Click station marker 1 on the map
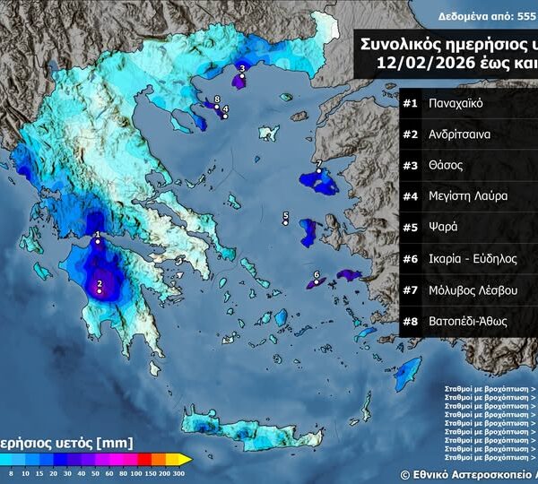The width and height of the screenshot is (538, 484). point(98,242)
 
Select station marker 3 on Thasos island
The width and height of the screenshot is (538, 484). point(241,76)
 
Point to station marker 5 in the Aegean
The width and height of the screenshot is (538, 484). point(285,223)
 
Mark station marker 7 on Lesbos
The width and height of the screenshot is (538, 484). point(318,170)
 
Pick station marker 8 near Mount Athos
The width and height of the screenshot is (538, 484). point(217,107)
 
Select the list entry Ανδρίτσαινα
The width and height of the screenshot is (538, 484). point(459,134)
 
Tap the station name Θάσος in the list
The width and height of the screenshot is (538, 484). point(446,165)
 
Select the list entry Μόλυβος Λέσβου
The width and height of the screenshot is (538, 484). point(471,290)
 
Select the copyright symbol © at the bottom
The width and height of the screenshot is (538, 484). point(405,474)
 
